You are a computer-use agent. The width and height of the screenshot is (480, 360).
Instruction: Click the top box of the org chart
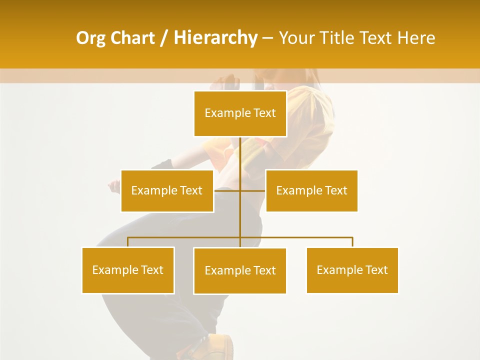tap(240, 113)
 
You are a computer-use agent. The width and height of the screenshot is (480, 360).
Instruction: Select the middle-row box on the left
tap(167, 190)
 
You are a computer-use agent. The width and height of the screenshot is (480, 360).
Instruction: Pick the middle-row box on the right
tap(311, 190)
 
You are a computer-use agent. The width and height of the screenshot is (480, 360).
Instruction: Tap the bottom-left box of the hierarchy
tap(128, 270)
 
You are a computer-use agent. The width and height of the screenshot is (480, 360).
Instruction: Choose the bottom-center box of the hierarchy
tap(240, 271)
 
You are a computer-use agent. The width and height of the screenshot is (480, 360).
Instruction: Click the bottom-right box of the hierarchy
tap(352, 270)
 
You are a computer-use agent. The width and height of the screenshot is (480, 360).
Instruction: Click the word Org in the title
tap(90, 38)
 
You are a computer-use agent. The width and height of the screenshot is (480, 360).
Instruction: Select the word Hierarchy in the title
tap(215, 38)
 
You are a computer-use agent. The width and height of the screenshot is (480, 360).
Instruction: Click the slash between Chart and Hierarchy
tap(164, 38)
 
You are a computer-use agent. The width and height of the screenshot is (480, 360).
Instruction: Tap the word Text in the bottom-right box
tap(376, 270)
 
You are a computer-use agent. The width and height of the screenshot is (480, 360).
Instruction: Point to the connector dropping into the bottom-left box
tap(128, 242)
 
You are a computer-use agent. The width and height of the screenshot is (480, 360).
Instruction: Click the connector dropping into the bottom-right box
tap(352, 242)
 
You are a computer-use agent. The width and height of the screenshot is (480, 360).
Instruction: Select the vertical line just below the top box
tap(240, 150)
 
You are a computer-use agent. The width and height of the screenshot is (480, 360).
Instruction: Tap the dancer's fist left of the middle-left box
tap(114, 187)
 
